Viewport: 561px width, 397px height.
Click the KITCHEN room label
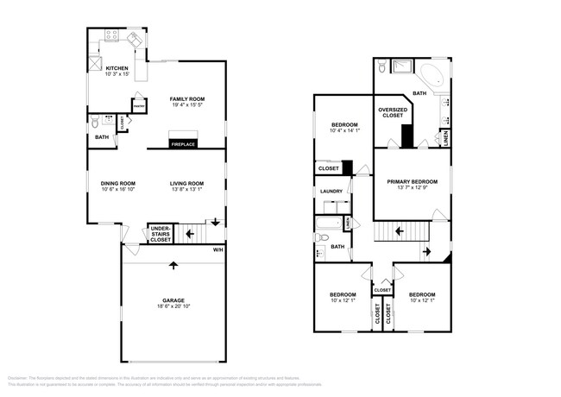tap(117, 68)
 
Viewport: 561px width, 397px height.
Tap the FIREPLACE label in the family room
tap(182, 143)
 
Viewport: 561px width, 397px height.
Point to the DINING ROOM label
tap(117, 183)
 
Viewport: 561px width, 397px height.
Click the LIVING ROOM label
tap(186, 183)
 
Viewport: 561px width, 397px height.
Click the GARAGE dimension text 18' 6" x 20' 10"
tap(173, 306)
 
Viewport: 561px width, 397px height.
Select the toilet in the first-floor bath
tap(94, 124)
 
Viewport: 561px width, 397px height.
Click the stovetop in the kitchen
tap(112, 35)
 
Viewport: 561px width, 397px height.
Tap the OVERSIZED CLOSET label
tap(392, 114)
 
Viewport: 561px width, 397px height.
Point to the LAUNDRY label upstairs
tap(331, 191)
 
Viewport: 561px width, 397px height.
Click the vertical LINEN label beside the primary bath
tap(445, 137)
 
